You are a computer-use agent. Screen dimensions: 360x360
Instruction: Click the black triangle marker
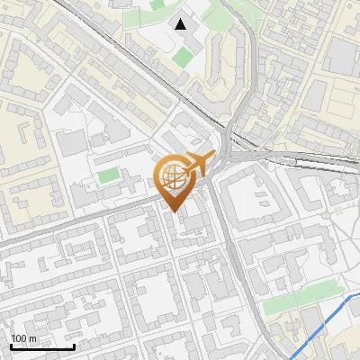(x=181, y=24)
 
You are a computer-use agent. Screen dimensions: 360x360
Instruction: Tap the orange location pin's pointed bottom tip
(x=175, y=211)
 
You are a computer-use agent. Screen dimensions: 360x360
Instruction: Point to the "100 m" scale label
(x=24, y=338)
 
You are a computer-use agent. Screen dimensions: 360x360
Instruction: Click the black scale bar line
(x=42, y=346)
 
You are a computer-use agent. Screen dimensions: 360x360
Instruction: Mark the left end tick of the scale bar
(x=12, y=345)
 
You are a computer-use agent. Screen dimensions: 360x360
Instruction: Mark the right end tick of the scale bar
(x=74, y=345)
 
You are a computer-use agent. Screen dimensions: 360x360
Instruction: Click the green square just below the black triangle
(x=183, y=58)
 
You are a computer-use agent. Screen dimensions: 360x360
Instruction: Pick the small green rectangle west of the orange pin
(x=108, y=175)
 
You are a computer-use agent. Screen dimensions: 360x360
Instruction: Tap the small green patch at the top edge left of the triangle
(x=157, y=4)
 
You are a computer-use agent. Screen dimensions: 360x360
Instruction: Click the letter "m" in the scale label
(x=32, y=338)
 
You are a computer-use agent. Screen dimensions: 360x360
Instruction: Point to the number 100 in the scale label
(x=20, y=338)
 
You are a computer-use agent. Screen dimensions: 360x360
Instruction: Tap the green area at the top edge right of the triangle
(x=216, y=13)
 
